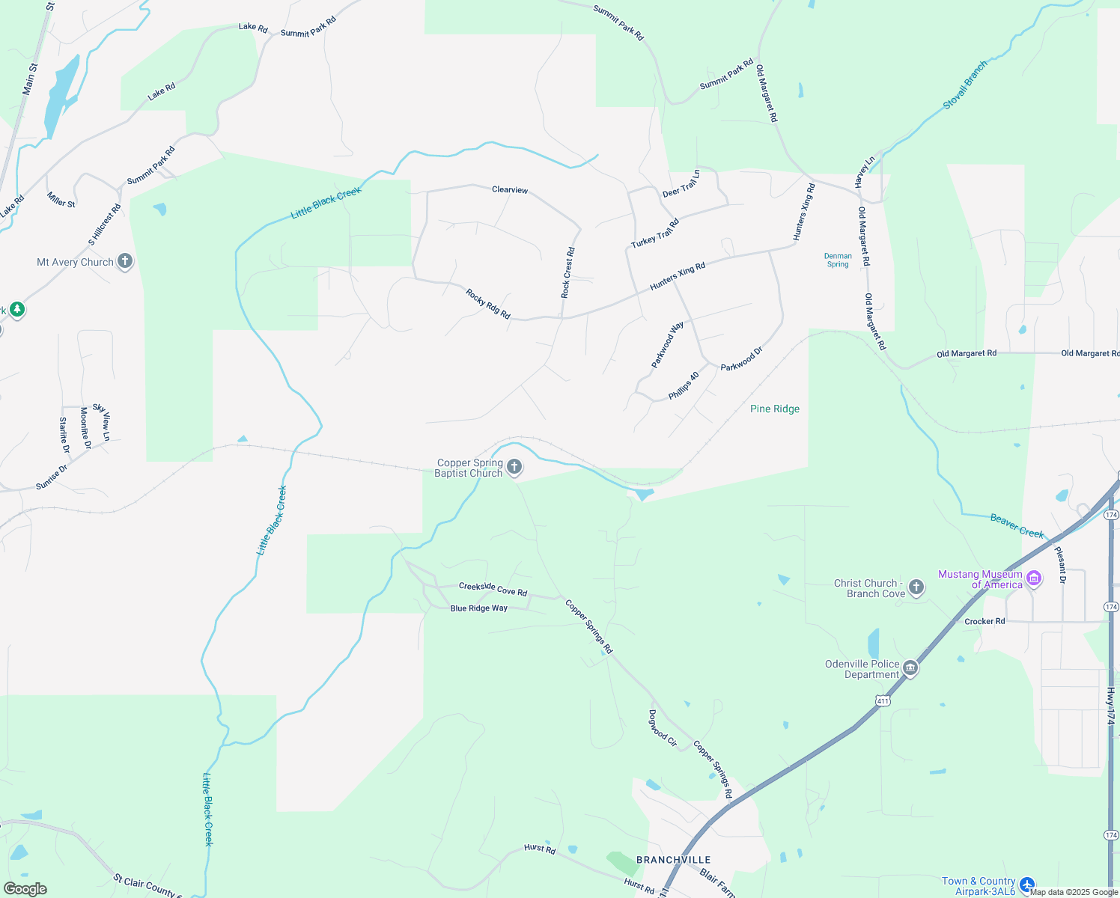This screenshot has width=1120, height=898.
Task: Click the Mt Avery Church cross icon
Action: tap(125, 261)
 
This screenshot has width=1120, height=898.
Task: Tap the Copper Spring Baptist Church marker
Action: tap(514, 468)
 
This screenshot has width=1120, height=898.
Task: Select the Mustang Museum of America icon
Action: tap(1034, 578)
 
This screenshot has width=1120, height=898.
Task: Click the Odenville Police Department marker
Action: tap(910, 668)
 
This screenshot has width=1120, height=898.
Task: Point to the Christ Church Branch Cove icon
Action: tap(916, 587)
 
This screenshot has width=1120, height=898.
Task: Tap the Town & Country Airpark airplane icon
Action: tap(1027, 885)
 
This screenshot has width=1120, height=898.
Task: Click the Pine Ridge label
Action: tap(775, 409)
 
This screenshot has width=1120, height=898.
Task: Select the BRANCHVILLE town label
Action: tap(673, 860)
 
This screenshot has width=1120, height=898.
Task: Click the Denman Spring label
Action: tap(838, 260)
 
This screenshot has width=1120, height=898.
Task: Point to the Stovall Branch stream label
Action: tap(965, 85)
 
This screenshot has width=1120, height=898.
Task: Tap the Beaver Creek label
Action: tap(1017, 525)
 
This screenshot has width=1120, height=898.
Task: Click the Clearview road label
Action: tap(510, 190)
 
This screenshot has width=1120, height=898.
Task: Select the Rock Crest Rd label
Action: tap(568, 273)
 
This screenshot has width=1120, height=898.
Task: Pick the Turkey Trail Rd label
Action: tap(655, 233)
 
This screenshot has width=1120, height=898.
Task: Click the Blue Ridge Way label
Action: tap(479, 608)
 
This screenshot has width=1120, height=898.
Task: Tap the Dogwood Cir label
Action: tap(663, 728)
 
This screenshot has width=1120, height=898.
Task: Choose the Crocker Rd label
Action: tap(984, 621)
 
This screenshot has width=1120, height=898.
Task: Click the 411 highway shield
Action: tap(883, 700)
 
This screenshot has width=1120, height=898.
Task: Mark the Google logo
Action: tap(25, 889)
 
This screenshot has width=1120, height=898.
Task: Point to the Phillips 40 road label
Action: tap(684, 385)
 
